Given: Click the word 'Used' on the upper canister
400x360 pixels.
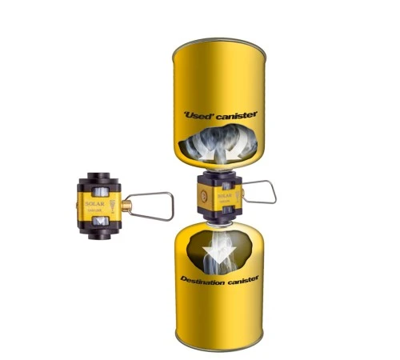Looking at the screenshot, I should (x=197, y=115).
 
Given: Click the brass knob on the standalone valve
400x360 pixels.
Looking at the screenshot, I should (x=126, y=206).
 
